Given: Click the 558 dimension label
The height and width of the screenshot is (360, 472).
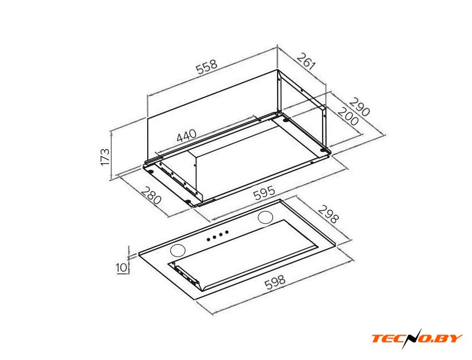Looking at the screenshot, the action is tap(207, 67).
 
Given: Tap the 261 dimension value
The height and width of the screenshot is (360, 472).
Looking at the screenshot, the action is tap(306, 61).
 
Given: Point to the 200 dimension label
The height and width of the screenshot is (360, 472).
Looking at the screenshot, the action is tap(348, 116).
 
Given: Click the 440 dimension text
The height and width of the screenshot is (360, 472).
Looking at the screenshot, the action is tap(187, 136).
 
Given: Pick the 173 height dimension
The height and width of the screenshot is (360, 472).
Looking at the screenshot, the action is tap(105, 156).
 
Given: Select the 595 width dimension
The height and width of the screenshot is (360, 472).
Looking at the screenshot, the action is tap(264, 193).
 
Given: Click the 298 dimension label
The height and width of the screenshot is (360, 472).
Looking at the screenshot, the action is tap(328, 214).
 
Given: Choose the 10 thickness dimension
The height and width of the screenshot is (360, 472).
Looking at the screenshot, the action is tap(121, 268).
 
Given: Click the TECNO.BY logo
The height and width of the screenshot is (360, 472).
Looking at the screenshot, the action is tap(417, 338).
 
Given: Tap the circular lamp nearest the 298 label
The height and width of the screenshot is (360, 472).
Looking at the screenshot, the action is tap(266, 218).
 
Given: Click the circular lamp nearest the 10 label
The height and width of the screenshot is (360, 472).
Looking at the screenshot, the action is tap(178, 251).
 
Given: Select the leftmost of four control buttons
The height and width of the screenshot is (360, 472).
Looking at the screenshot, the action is tap(208, 240).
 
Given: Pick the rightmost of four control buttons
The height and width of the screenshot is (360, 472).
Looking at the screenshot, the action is tap(226, 232).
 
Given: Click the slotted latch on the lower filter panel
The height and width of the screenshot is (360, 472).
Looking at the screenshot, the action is tap(187, 276).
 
